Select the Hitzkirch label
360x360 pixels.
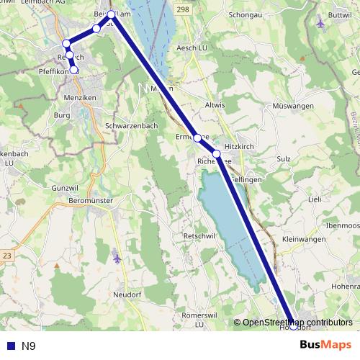tap(240, 145)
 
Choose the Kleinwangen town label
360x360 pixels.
tap(305, 238)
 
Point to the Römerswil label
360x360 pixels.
tap(199, 316)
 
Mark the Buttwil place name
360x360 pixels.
tap(338, 14)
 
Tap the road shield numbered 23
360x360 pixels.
tap(8, 256)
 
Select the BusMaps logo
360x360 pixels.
tap(325, 346)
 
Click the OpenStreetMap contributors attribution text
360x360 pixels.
tap(297, 323)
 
